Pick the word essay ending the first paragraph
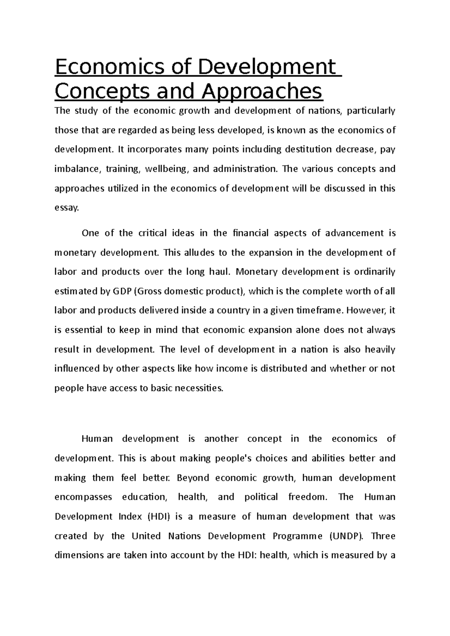point(66,208)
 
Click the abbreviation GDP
point(118,291)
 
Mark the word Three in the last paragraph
point(383,536)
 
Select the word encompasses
point(83,497)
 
